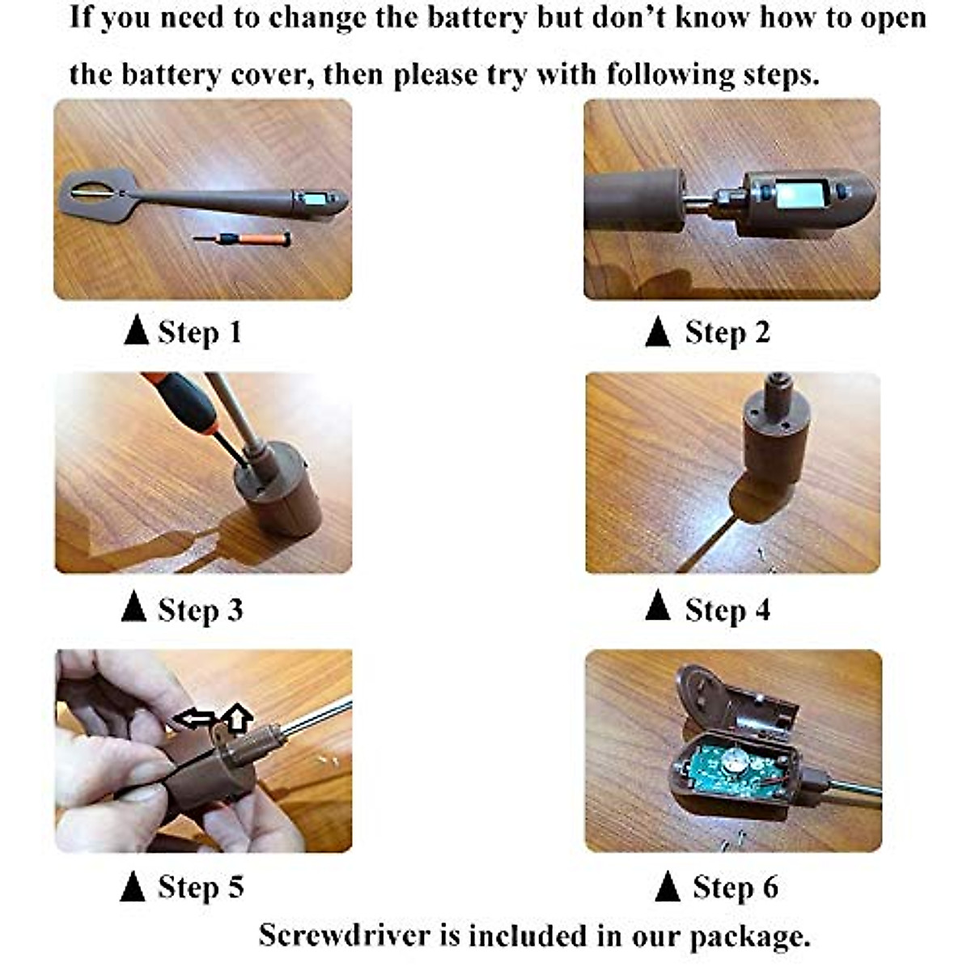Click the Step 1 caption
pyautogui.click(x=200, y=332)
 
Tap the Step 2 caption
pyautogui.click(x=727, y=332)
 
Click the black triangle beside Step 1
pyautogui.click(x=136, y=331)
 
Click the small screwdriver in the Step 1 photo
pyautogui.click(x=242, y=238)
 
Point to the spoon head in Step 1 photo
pyautogui.click(x=95, y=194)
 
